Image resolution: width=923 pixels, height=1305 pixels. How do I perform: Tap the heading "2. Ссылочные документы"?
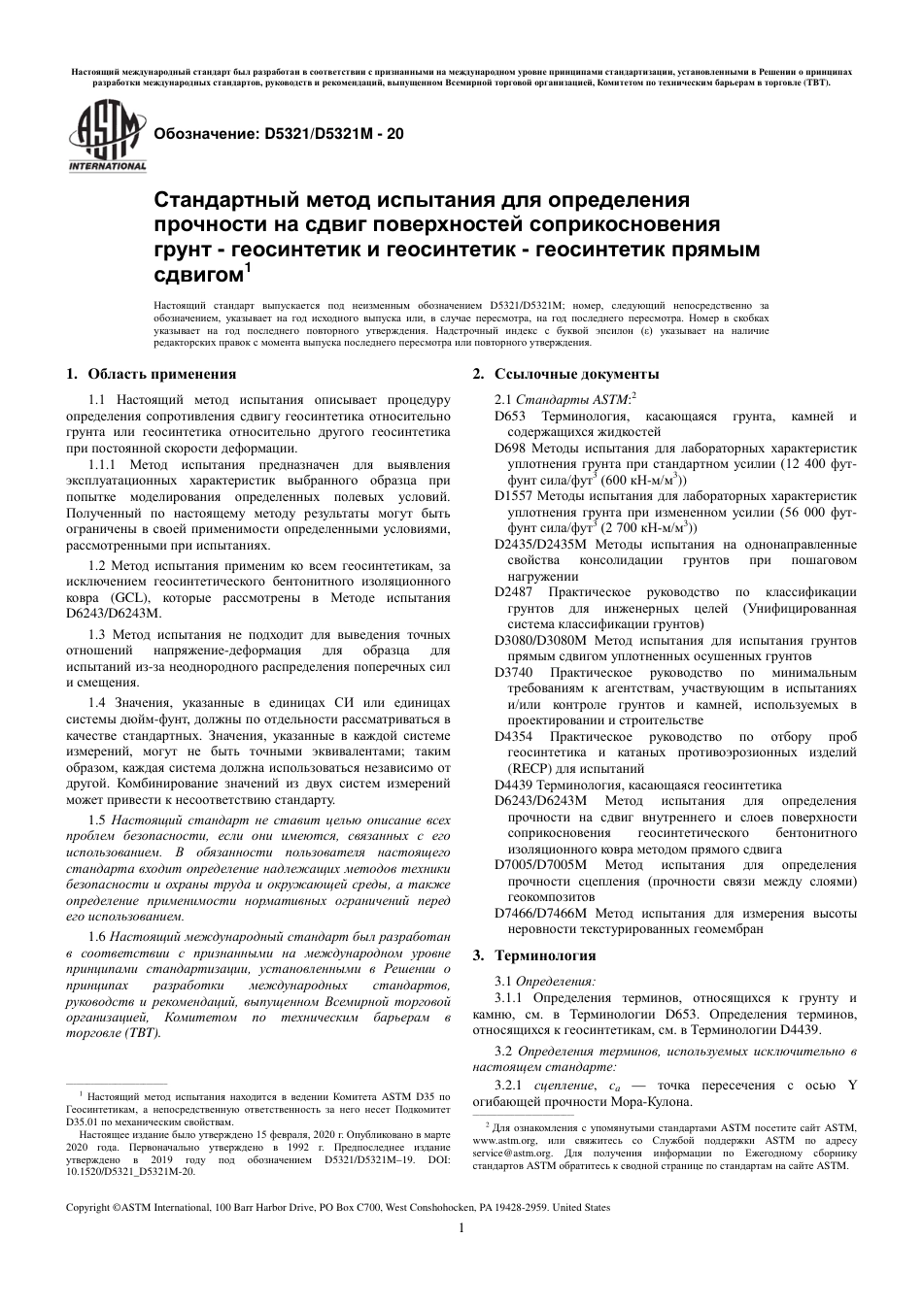point(565,374)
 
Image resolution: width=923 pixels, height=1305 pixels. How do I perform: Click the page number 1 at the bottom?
point(461,1227)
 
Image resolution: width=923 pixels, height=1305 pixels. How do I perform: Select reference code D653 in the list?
point(510,417)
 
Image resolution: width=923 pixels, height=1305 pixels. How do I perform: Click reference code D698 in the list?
point(510,449)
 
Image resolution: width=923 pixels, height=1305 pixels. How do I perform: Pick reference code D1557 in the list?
point(514,496)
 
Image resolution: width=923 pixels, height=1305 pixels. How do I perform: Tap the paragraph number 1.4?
point(96,701)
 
